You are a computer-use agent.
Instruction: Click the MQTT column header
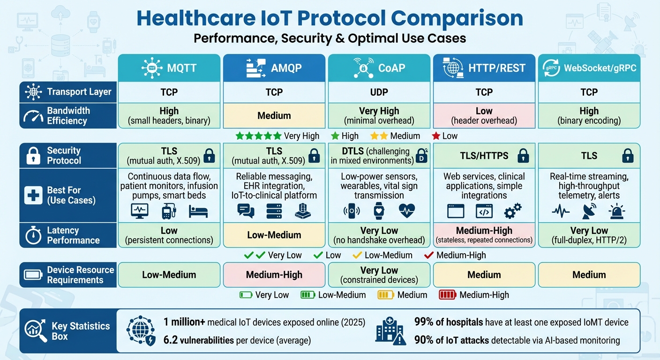169,68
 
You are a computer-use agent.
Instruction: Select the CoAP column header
379,68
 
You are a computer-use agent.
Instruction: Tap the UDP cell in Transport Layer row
379,92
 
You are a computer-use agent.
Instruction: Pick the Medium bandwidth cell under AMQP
274,115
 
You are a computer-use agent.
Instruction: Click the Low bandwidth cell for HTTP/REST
484,116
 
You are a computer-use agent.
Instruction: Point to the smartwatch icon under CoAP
379,211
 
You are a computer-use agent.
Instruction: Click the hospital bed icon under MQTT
198,211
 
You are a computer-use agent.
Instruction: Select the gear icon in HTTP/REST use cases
512,211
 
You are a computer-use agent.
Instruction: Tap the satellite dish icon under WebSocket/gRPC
589,211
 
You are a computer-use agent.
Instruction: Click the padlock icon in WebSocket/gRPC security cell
627,156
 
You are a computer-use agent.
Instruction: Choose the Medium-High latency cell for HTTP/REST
484,234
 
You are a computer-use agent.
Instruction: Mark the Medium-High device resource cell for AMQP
274,275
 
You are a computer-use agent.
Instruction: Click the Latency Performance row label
73,235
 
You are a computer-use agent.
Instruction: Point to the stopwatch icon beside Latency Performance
33,235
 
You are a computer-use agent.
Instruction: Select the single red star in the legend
436,136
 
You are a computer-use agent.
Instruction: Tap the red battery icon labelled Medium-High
447,295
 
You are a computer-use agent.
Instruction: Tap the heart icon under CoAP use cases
406,211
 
